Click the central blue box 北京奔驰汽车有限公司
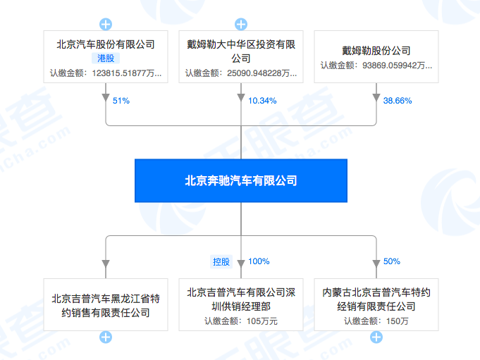[x=240, y=181]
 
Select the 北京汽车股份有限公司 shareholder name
[x=106, y=45]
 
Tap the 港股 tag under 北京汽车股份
[x=106, y=59]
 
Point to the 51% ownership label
[x=121, y=101]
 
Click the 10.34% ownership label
[x=262, y=101]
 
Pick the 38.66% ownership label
[x=397, y=101]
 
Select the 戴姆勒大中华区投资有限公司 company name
[x=241, y=51]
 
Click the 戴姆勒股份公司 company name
[x=376, y=51]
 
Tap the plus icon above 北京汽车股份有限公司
[x=106, y=25]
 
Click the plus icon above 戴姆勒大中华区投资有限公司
[x=241, y=25]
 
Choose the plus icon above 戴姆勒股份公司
[x=376, y=25]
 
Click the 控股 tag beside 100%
[x=221, y=261]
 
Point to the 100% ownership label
[x=259, y=261]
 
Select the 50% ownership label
[x=392, y=261]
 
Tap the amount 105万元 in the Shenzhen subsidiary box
[x=241, y=321]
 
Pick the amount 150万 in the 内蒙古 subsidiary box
[x=376, y=321]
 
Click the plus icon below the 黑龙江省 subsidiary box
[x=106, y=337]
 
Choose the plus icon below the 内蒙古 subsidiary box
[x=376, y=337]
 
